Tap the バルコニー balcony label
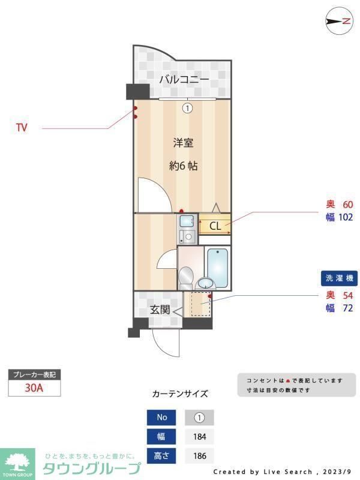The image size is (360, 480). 184,79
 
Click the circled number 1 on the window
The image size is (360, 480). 187,108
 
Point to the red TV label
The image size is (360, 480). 22,128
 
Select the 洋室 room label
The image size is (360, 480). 183,143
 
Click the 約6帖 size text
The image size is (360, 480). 183,166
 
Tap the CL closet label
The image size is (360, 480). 215,226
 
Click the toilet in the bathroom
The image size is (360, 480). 186,277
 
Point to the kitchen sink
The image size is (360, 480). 187,220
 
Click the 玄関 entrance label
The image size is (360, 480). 160,310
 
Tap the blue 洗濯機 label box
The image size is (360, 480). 339,278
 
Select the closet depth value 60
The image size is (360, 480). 347,204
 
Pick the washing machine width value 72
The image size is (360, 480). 347,308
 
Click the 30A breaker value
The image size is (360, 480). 34,388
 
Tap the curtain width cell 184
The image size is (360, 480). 199,437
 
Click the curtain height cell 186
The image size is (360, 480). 199,456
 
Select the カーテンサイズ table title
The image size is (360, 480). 180,394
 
